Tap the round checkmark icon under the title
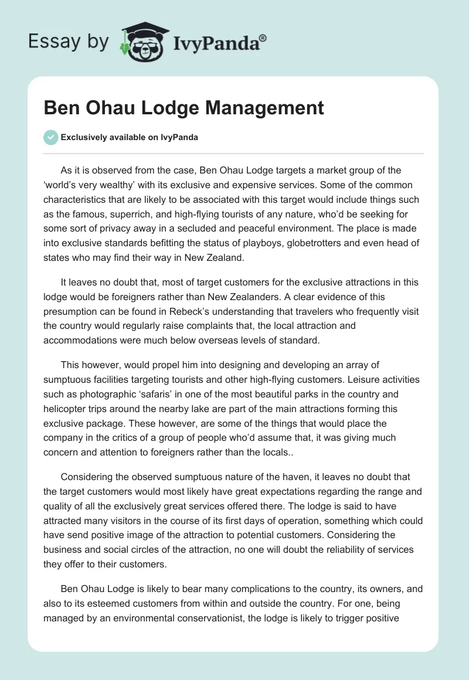(x=50, y=137)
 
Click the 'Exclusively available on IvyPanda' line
(x=129, y=138)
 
